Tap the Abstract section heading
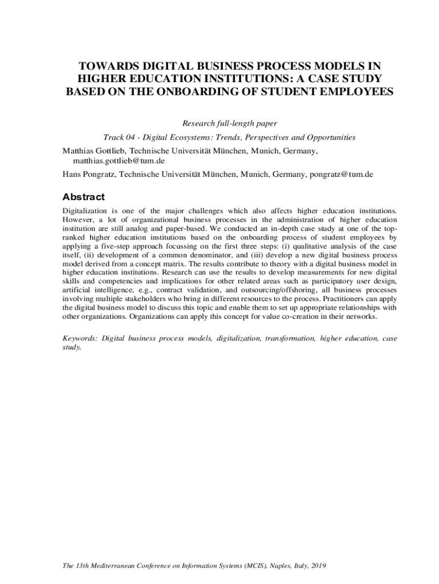coord(83,197)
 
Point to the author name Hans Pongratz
coord(88,174)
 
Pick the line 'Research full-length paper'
coord(229,123)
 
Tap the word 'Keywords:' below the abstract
coord(80,338)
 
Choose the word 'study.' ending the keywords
coord(72,347)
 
